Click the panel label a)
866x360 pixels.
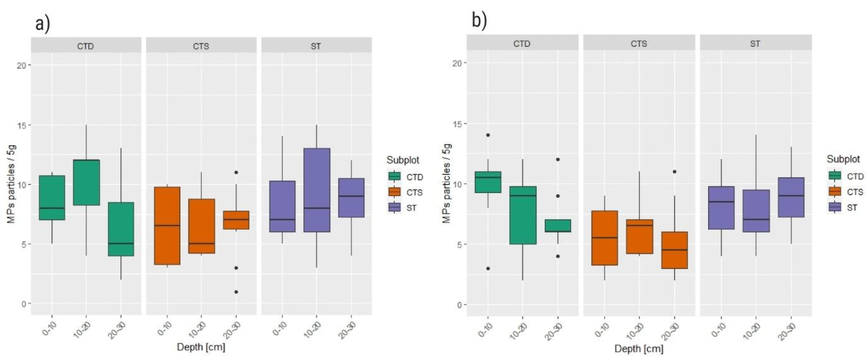tap(42, 24)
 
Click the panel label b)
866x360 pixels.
tap(479, 21)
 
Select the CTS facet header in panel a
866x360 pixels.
tap(201, 46)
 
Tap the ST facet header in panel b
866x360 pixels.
tap(755, 44)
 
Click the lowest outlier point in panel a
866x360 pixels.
tap(236, 292)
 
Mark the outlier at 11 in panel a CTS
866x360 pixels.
tap(236, 172)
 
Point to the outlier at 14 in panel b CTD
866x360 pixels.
tap(488, 135)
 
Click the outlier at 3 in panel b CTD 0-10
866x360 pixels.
tap(488, 268)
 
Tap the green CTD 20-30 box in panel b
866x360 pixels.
tap(558, 226)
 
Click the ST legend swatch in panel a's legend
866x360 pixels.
tap(394, 208)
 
